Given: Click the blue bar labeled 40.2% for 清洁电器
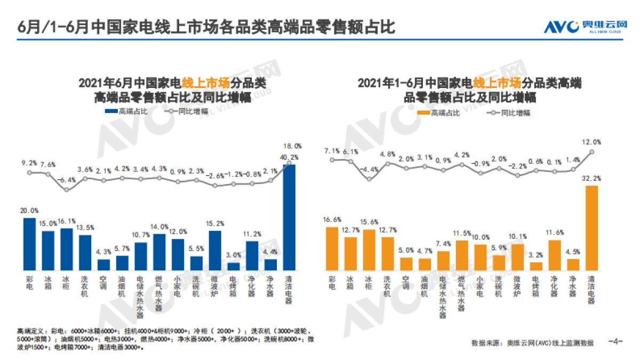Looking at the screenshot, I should coord(289,217).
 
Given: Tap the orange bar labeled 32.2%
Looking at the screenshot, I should coord(591,228).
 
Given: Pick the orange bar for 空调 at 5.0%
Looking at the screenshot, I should coord(406,264).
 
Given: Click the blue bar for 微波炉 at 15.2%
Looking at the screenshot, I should coord(215,250).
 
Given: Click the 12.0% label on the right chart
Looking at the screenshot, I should coord(591,142).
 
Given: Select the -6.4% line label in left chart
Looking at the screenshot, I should coord(67,180).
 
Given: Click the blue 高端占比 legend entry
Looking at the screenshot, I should coord(126,111).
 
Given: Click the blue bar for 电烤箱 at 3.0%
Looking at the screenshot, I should coord(233,266).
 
